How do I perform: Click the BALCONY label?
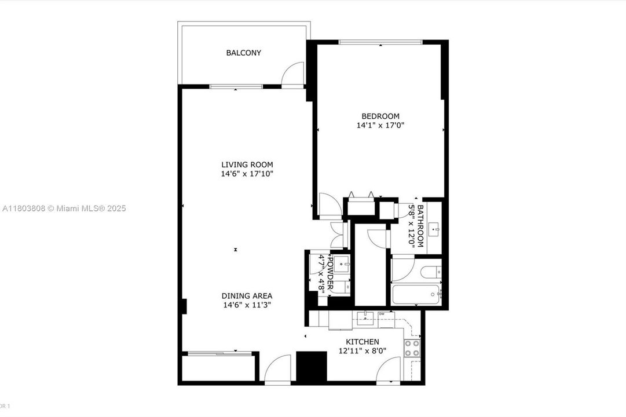coord(243,53)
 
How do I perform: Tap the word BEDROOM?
coord(380,116)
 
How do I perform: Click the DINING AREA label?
coord(247,295)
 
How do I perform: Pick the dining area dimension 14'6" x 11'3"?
coord(247,305)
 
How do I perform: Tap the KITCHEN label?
coord(363,342)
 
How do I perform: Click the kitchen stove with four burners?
coord(412,348)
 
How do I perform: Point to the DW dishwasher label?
coord(382,314)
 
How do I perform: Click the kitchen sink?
coord(365,316)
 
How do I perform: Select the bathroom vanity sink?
coord(434,230)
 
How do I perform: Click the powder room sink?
coord(342,265)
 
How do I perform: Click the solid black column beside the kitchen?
coord(312,366)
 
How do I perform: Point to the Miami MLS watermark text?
coord(63,209)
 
